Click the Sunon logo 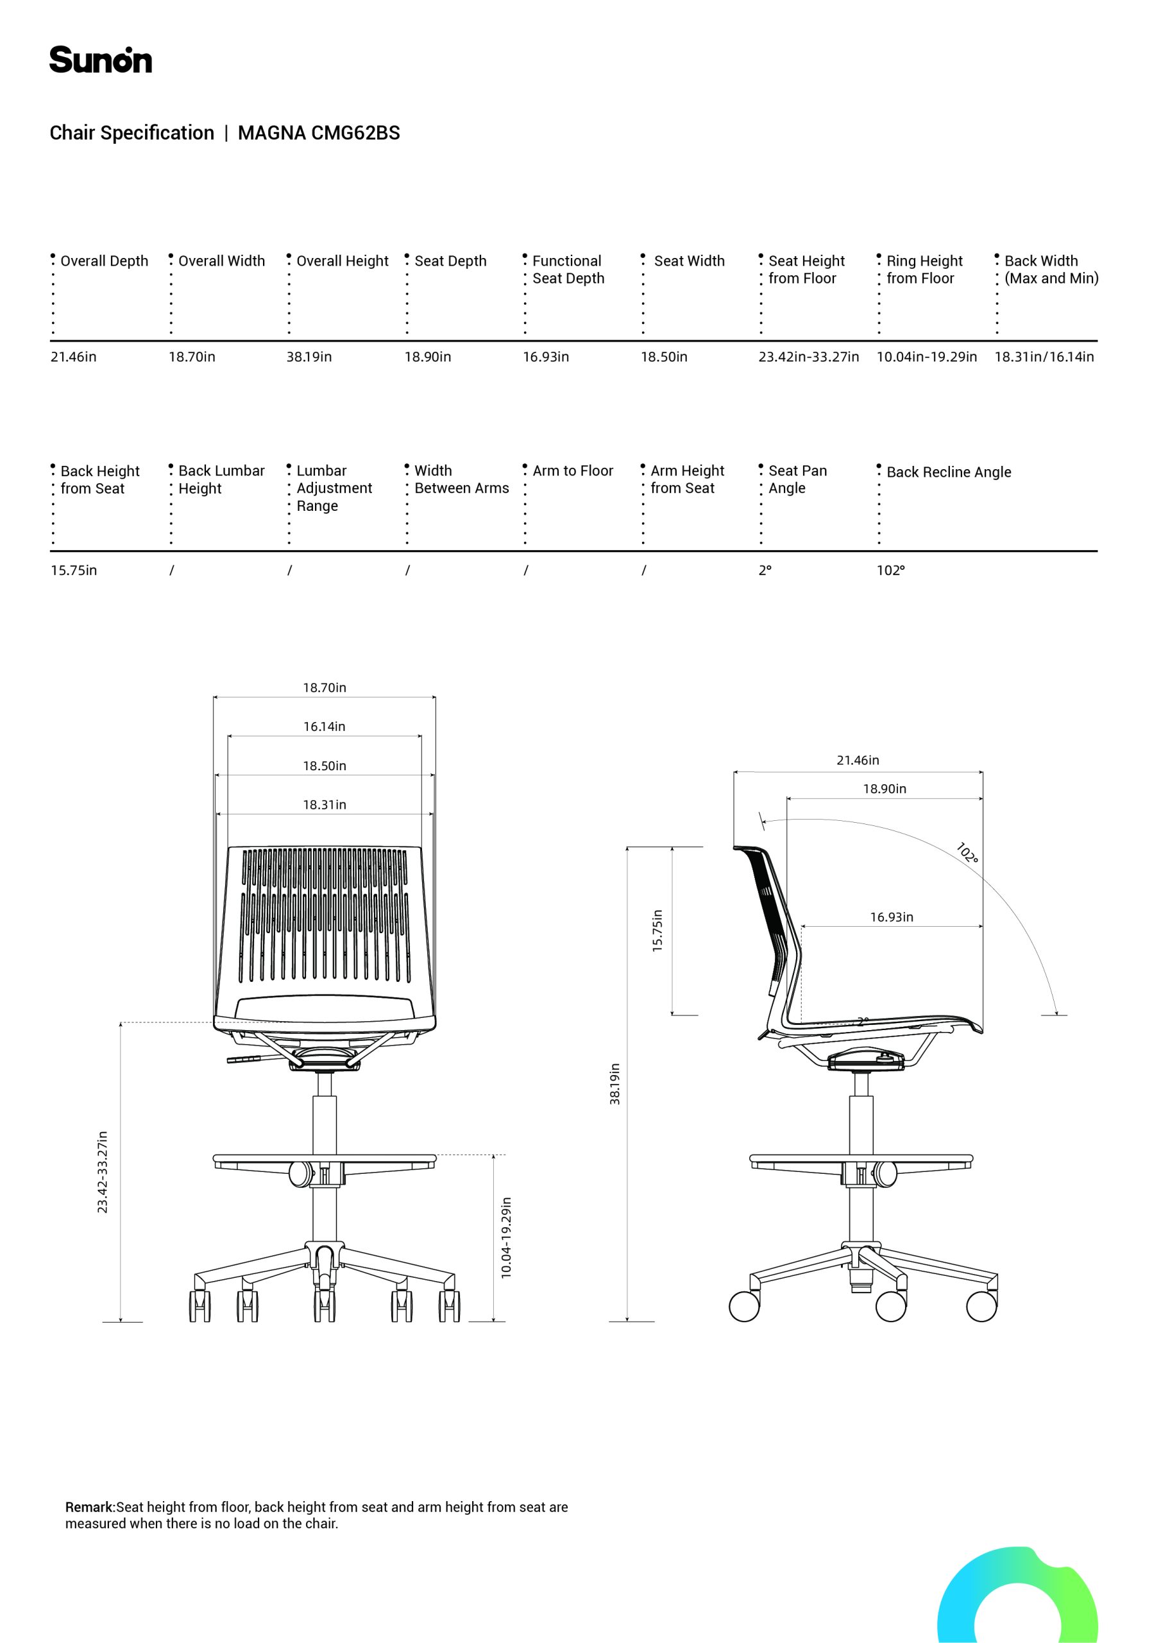[100, 60]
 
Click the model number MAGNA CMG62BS [319, 133]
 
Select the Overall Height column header [342, 261]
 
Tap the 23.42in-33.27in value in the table [808, 357]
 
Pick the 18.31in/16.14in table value [1044, 357]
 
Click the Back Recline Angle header [949, 472]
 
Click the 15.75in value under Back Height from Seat [74, 571]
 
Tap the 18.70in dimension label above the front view [324, 687]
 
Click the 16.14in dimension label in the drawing [324, 727]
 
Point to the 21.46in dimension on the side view [858, 760]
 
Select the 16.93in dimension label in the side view [892, 916]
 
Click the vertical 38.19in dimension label [615, 1083]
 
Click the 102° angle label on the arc [967, 853]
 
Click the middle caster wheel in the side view [890, 1307]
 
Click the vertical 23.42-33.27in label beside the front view [102, 1171]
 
